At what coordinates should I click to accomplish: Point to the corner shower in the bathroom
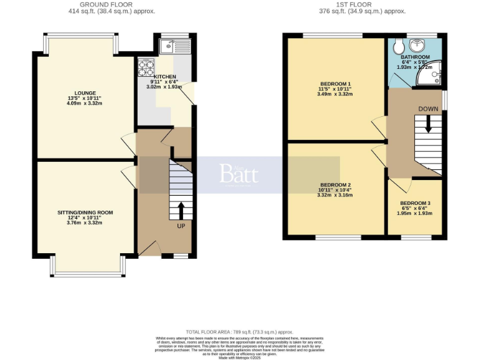tap(434, 72)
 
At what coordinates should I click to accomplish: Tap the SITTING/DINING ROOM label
tap(85, 212)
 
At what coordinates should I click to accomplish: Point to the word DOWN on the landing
tap(428, 109)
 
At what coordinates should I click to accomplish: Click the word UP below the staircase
tap(181, 226)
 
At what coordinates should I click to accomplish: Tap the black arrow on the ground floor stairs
tap(181, 209)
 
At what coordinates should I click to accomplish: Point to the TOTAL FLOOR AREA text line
tap(239, 331)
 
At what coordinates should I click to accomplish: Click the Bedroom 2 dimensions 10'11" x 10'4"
tap(336, 189)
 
